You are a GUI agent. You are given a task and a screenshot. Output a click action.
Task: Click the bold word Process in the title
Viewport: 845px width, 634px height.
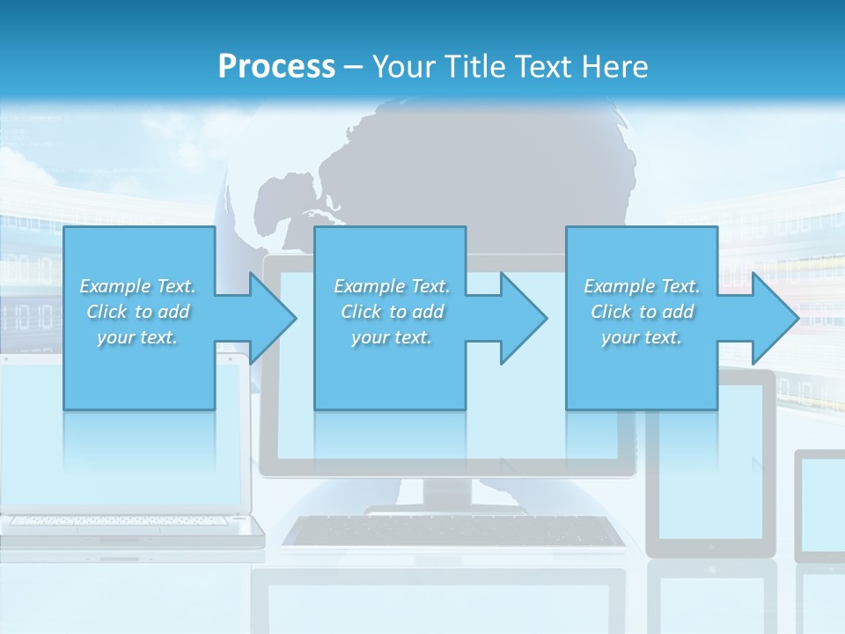pos(276,66)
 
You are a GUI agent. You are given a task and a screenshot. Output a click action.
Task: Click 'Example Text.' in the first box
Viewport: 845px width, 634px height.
pos(137,286)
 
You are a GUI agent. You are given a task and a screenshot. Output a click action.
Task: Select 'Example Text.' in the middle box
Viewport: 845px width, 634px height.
pos(391,286)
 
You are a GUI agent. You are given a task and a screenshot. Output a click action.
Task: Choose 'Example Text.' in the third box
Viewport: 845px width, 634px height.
pos(642,286)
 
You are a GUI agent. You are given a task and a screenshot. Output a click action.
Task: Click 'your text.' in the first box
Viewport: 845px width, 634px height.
pos(137,337)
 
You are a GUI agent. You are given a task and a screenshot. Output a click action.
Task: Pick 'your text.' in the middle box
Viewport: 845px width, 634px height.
pos(391,337)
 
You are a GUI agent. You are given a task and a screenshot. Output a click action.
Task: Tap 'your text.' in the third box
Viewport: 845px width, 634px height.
pos(642,337)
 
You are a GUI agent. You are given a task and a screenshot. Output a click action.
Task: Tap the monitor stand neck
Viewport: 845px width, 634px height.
pos(447,492)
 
